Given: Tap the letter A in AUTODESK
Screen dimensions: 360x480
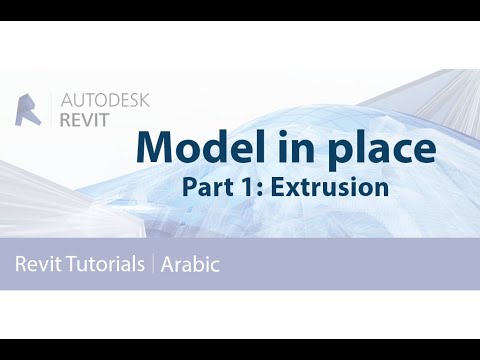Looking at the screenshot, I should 67,100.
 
